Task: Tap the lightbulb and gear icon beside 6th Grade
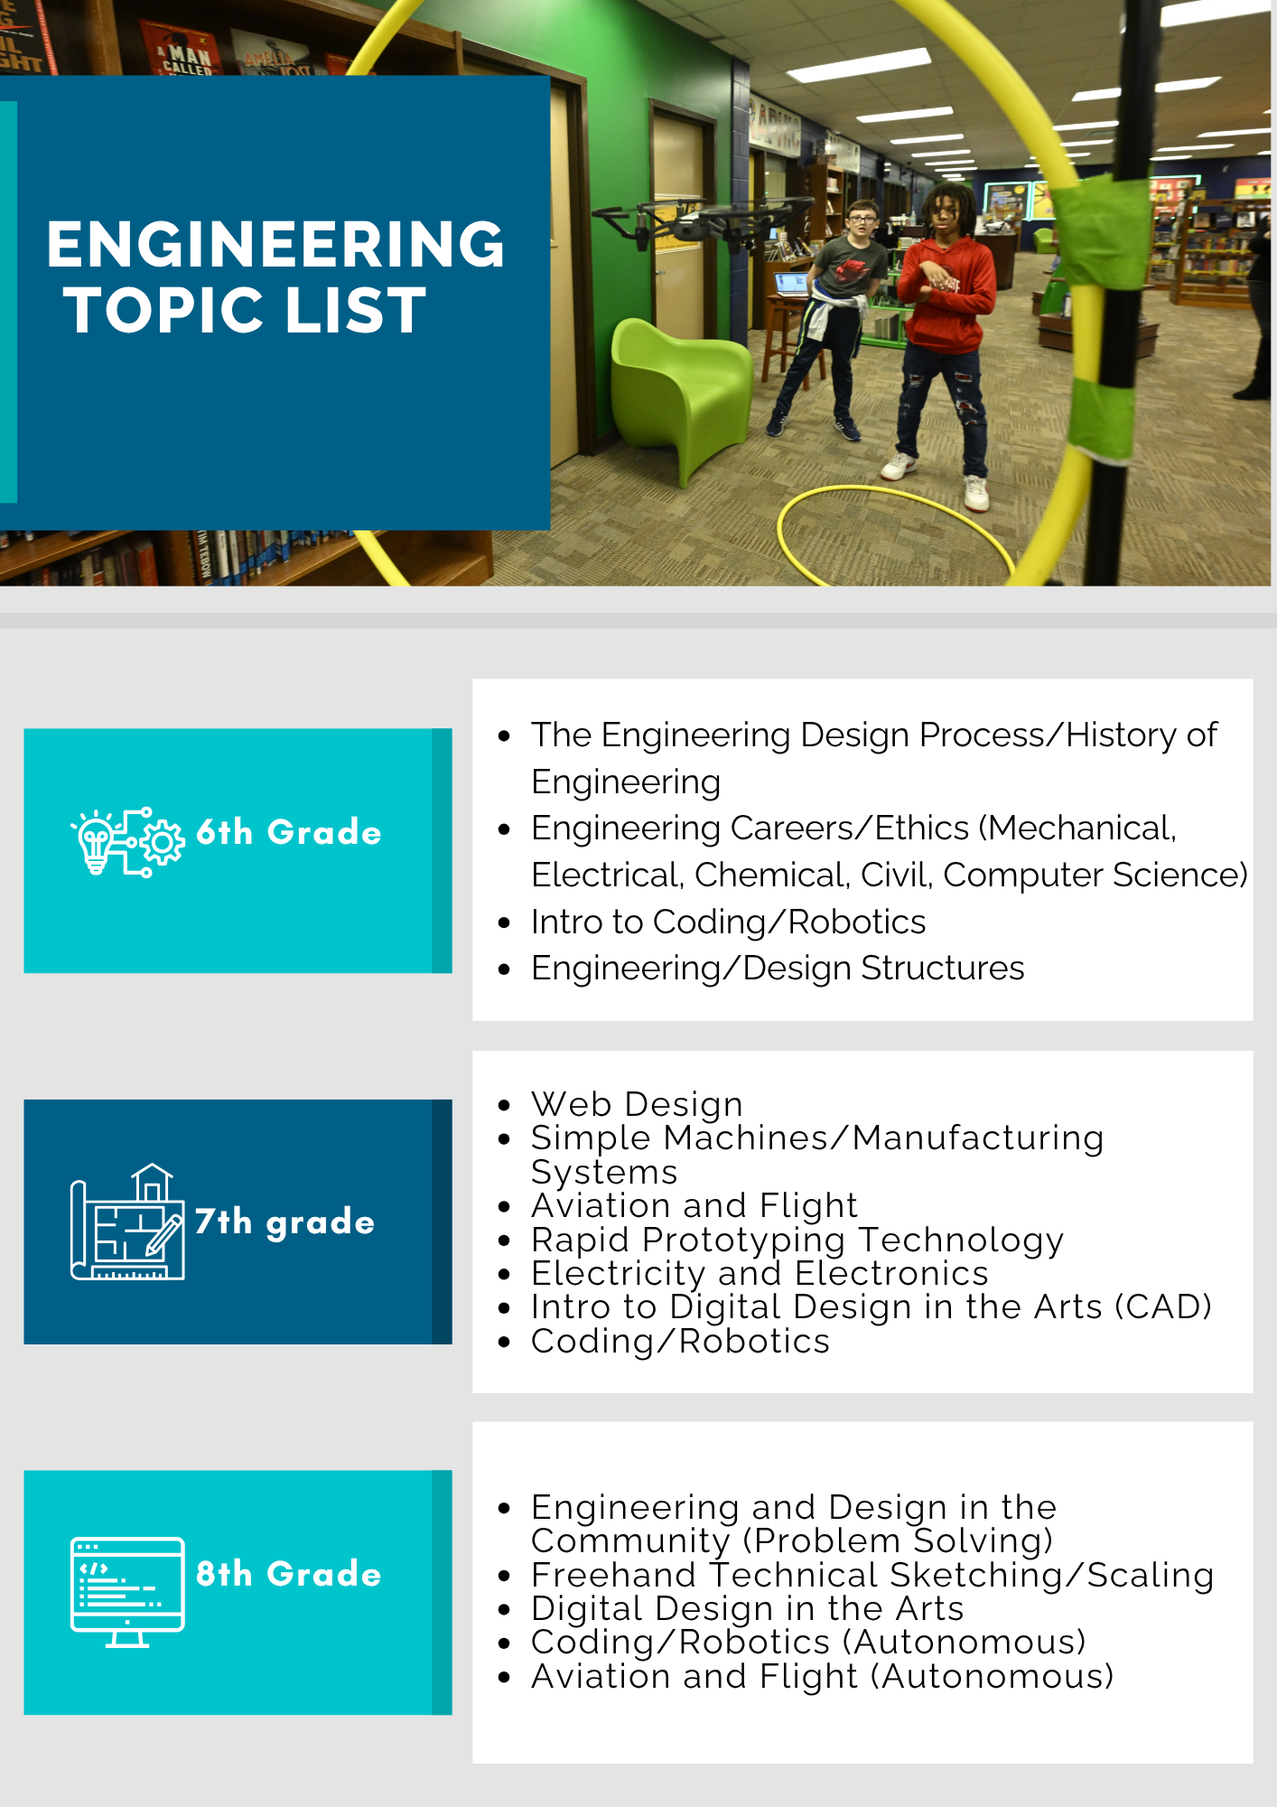pyautogui.click(x=128, y=842)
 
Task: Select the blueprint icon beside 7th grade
pyautogui.click(x=127, y=1222)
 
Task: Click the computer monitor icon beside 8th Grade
pyautogui.click(x=127, y=1592)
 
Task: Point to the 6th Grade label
pyautogui.click(x=289, y=832)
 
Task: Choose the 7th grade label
pyautogui.click(x=284, y=1222)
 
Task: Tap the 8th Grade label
pyautogui.click(x=289, y=1574)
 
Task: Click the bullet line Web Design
pyautogui.click(x=637, y=1104)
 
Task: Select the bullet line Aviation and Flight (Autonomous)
pyautogui.click(x=822, y=1677)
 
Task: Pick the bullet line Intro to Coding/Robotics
pyautogui.click(x=728, y=922)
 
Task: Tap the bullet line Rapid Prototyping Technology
pyautogui.click(x=797, y=1241)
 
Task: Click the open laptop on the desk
pyautogui.click(x=792, y=285)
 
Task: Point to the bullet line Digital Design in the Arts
pyautogui.click(x=747, y=1609)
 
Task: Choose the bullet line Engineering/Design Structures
pyautogui.click(x=778, y=969)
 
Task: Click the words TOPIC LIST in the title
pyautogui.click(x=245, y=310)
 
